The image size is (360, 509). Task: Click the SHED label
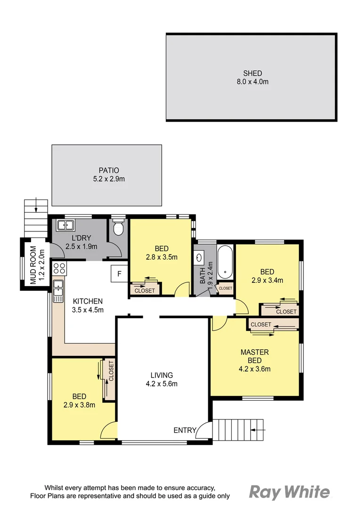pyautogui.click(x=253, y=74)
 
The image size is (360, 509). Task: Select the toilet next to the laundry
pyautogui.click(x=119, y=228)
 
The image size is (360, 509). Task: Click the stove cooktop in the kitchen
pyautogui.click(x=59, y=269)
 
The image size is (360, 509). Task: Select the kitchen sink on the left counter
pyautogui.click(x=58, y=291)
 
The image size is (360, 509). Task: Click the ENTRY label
pyautogui.click(x=185, y=430)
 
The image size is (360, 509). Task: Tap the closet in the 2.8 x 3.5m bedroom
pyautogui.click(x=145, y=290)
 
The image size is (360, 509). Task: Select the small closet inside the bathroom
pyautogui.click(x=225, y=288)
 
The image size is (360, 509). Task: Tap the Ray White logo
pyautogui.click(x=289, y=493)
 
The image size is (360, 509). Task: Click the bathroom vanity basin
pyautogui.click(x=199, y=258)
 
